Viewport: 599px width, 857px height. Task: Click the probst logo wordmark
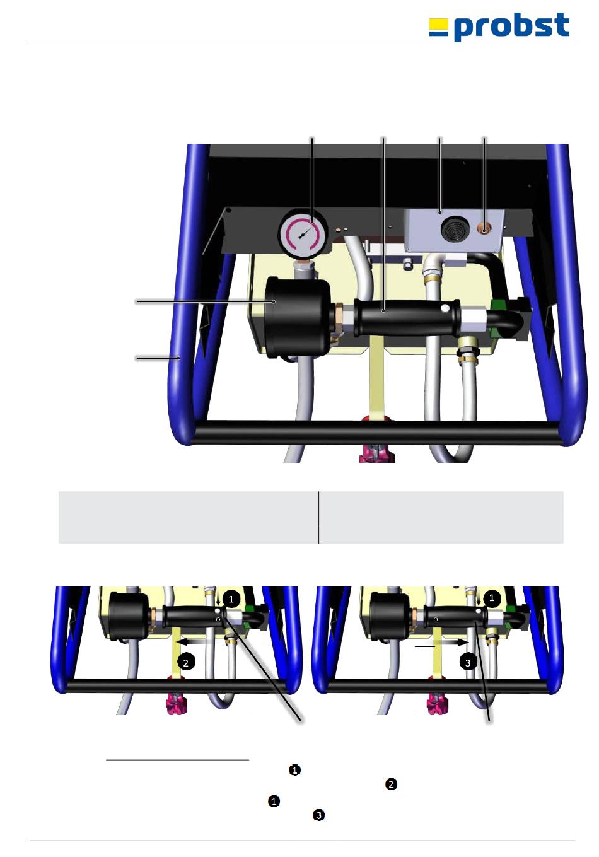(511, 26)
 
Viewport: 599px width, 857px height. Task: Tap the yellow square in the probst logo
(438, 24)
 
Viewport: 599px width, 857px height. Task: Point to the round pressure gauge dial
(304, 233)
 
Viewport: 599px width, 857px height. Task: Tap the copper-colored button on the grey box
(484, 230)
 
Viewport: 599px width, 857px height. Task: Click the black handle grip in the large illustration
(406, 318)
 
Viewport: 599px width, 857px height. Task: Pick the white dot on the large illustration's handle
(445, 308)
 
